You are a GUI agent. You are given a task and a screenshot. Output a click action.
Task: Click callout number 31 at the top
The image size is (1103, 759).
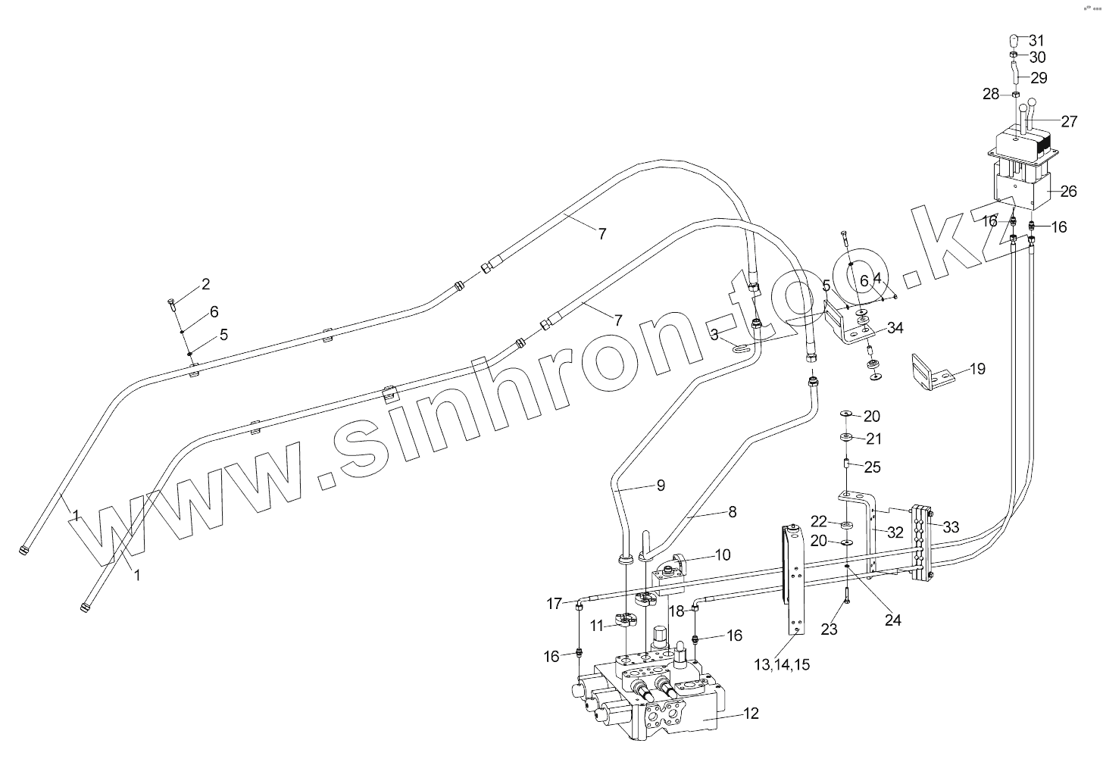click(x=1036, y=40)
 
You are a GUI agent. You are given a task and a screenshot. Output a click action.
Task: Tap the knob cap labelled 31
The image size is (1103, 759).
click(x=1014, y=40)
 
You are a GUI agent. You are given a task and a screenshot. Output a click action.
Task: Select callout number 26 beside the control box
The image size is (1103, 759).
click(x=1068, y=192)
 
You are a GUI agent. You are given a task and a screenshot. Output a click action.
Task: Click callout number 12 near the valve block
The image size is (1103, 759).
click(x=751, y=713)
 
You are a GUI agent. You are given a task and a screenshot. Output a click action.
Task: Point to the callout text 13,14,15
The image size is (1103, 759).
click(x=782, y=665)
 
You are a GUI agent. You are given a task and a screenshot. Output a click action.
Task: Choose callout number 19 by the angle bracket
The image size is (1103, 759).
click(x=977, y=369)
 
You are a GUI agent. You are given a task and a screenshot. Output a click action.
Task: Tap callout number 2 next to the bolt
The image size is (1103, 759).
click(x=205, y=284)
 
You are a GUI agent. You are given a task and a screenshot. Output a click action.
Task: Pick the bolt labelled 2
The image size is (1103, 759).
click(x=171, y=305)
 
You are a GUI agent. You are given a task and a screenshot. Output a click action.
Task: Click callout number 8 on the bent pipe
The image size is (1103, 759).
click(x=732, y=512)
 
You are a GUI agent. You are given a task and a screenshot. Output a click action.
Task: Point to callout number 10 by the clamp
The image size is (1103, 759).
click(x=722, y=554)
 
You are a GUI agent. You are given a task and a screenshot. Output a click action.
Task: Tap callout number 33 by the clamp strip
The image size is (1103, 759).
click(x=950, y=526)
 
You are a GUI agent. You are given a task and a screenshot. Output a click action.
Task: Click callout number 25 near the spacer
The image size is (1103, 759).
click(x=872, y=467)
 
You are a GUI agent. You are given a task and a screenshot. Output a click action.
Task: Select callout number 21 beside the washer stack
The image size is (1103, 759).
click(x=873, y=439)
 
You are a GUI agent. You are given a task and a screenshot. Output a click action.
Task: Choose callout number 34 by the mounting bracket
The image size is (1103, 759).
click(x=895, y=328)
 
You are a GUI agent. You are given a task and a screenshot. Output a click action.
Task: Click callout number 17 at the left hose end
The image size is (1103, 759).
click(x=555, y=604)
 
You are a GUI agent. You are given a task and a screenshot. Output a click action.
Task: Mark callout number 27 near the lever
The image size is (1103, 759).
click(x=1069, y=121)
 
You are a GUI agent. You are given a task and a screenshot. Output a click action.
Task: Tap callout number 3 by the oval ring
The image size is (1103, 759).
click(x=714, y=334)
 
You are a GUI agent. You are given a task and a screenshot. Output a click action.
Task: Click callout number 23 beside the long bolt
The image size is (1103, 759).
click(x=830, y=629)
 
